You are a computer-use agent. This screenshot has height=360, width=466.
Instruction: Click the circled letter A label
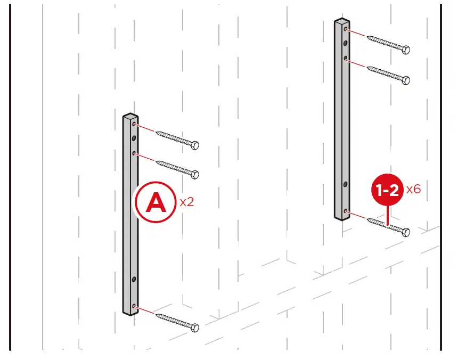[156, 202]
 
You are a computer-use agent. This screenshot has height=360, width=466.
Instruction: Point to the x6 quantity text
[413, 189]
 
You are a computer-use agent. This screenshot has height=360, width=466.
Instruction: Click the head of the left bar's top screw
[195, 145]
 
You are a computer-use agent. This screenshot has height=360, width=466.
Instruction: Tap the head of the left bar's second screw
[195, 174]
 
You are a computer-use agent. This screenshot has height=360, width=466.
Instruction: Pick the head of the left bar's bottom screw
[195, 327]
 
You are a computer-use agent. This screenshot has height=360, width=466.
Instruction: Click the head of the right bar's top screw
[405, 50]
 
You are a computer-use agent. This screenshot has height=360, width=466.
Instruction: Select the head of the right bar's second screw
[405, 80]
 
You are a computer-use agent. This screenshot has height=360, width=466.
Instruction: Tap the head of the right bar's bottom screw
[405, 232]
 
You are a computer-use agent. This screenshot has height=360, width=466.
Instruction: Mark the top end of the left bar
[130, 116]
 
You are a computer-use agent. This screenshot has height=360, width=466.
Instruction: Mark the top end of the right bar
[341, 22]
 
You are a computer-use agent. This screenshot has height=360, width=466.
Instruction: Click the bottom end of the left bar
[130, 313]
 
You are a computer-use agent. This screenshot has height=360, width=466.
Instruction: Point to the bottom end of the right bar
[341, 217]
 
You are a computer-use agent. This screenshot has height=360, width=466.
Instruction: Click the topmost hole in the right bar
[346, 29]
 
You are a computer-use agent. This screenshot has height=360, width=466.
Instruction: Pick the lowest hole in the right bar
[346, 211]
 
